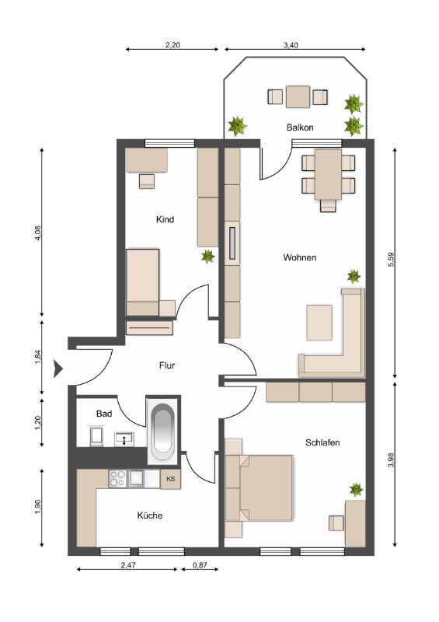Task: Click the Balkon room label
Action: pos(300,128)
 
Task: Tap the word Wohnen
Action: pos(299,257)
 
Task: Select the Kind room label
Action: pos(165,219)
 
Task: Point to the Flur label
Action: pos(167,365)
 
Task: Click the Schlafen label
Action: pos(322,442)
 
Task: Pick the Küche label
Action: pos(150,515)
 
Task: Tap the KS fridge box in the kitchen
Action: pos(170,479)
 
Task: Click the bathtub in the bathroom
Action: pos(163,430)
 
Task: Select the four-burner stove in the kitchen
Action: pos(117,478)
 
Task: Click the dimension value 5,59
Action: pos(392,260)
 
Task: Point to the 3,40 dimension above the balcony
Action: pos(291,45)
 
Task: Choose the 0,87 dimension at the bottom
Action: pos(200,565)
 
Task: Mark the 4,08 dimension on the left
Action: pos(38,233)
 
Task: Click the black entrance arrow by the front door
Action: pos(58,369)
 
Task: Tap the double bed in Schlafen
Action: pos(265,488)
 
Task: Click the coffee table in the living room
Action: pos(319,323)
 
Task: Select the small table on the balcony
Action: pos(298,96)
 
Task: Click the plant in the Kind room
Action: pos(207,257)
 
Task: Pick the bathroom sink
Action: pos(124,439)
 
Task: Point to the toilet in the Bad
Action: pos(96,436)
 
